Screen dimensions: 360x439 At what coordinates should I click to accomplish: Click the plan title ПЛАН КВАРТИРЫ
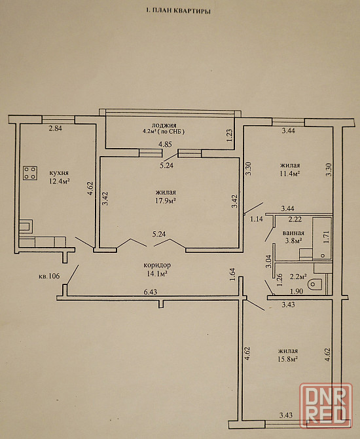point(181,11)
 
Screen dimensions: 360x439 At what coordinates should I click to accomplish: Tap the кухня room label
point(59,173)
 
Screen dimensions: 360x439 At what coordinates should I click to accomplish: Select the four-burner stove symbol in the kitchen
point(30,173)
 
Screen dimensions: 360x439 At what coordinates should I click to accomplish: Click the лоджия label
point(164,125)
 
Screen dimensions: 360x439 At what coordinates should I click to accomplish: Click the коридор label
point(157,265)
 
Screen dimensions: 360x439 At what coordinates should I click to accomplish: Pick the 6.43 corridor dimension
point(151,292)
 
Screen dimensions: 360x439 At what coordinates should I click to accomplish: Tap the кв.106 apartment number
point(49,276)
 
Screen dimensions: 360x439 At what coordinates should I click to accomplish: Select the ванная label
point(293,233)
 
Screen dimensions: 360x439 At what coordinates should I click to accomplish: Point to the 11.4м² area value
point(290,173)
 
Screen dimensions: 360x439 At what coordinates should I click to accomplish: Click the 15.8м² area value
point(287,358)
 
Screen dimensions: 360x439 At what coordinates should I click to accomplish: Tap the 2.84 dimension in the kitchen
point(56,128)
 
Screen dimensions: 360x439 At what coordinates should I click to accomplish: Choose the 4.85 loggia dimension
point(166,144)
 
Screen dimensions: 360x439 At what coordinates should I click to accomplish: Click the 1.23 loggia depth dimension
point(230,135)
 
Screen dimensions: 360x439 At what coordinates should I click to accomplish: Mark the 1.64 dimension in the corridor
point(233,275)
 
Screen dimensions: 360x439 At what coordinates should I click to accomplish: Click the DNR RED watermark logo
point(325,406)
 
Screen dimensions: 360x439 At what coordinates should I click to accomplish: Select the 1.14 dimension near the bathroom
point(257,219)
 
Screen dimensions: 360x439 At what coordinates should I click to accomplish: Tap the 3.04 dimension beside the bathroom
point(269,261)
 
